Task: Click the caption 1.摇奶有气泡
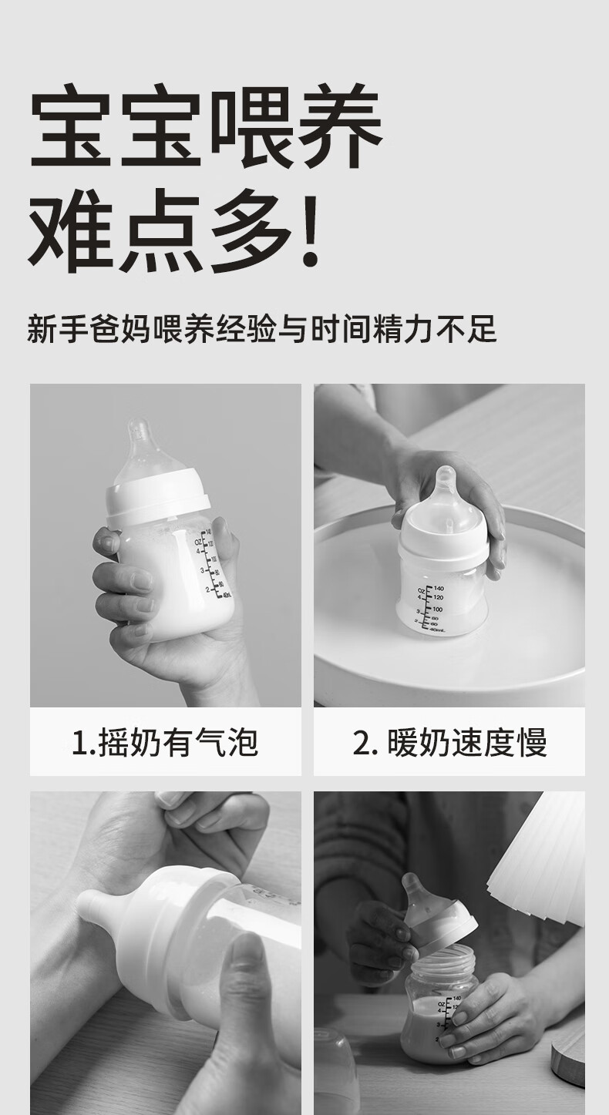coord(165,742)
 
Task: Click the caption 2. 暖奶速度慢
coord(449,742)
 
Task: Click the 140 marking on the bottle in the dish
coord(439,588)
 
